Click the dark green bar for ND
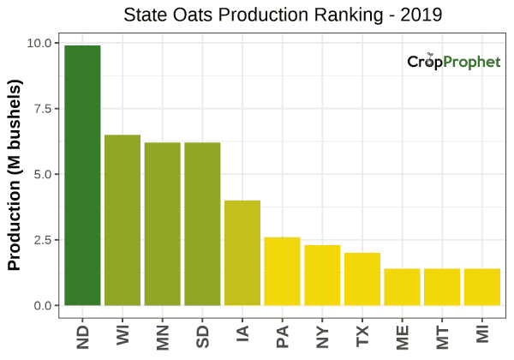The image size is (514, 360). coord(82,176)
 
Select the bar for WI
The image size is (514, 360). coord(123,220)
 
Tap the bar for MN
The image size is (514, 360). coord(162,224)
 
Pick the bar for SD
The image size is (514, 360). coord(202,224)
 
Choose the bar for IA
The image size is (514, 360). coord(242,253)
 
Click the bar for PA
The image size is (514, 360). coord(282,271)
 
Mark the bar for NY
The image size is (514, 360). coord(322,275)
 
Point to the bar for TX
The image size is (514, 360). coord(362,279)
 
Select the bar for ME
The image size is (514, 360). coord(402,287)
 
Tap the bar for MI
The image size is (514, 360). coord(481,287)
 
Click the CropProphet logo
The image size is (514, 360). coord(453,63)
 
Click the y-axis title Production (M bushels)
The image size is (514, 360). coord(15,175)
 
